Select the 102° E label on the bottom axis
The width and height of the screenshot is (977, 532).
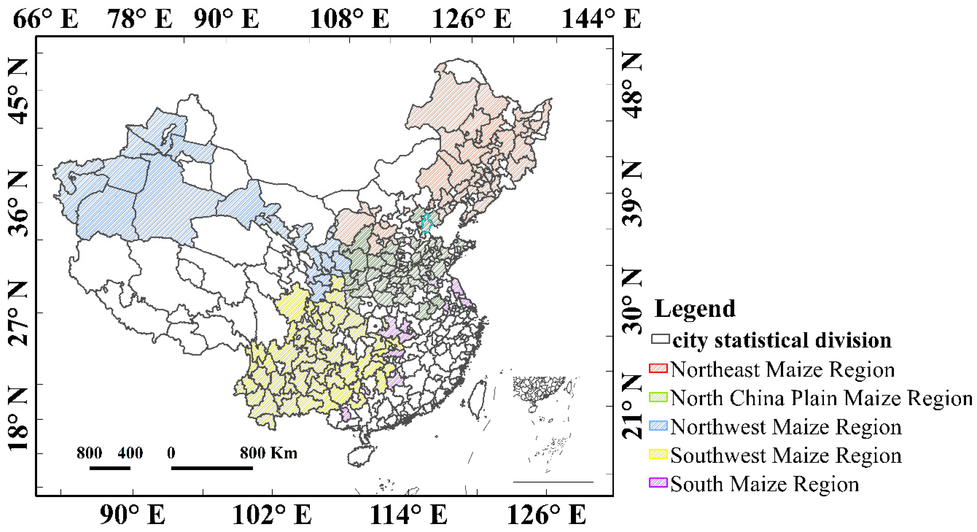272,515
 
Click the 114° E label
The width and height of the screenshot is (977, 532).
408,515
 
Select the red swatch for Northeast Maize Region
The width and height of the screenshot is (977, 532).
658,368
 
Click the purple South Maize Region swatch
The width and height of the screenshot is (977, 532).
658,483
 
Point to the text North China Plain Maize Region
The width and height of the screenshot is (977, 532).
821,398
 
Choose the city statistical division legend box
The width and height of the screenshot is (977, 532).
660,339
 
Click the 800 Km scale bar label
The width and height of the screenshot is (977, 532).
268,453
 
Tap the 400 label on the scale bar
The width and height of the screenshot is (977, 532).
130,453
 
